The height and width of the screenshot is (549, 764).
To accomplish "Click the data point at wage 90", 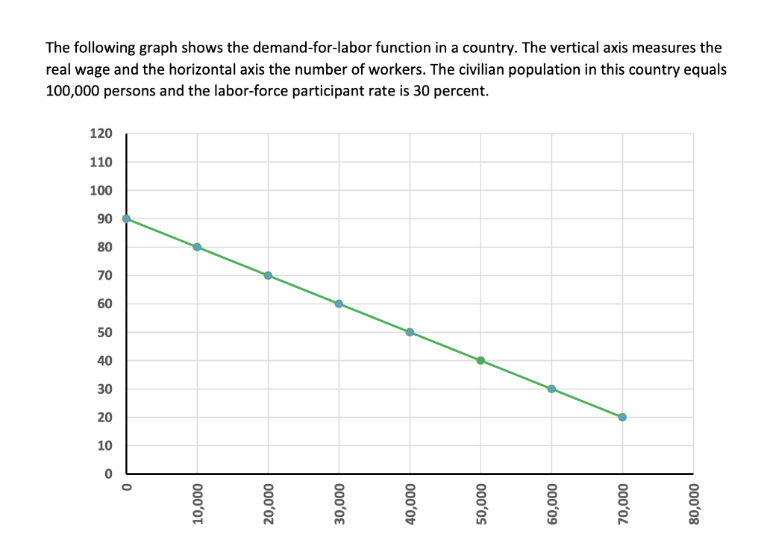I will [126, 219].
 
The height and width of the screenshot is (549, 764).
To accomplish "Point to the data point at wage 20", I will [622, 417].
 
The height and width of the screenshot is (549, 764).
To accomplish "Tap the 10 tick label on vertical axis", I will [104, 446].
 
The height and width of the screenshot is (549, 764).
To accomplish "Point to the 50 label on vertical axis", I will [104, 333].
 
